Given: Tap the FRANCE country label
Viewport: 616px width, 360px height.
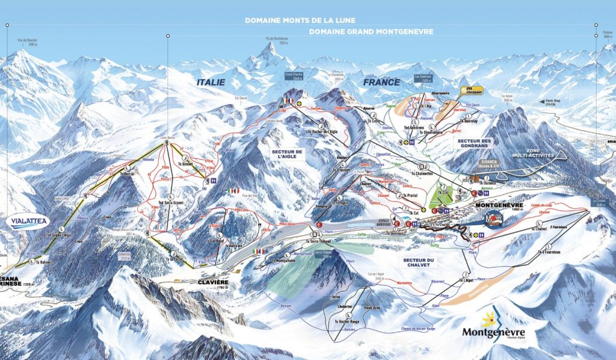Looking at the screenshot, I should click(381, 82).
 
